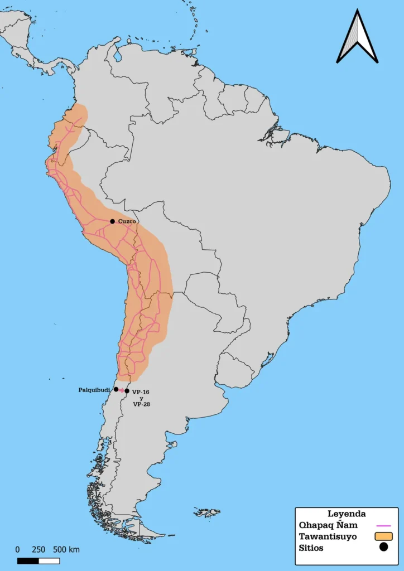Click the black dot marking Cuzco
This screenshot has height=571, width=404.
112,221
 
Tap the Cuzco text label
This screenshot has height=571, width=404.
127,221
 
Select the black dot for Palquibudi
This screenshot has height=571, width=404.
116,389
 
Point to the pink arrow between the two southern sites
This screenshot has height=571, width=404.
122,390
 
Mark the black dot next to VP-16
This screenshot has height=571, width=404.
127,391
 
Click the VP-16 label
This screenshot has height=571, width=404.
141,392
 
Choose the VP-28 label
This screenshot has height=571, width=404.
141,404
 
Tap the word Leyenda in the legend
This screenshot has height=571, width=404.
347,514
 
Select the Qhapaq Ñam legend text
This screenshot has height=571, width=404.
328,525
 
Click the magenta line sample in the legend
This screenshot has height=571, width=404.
384,525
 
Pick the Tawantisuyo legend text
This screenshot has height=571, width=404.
328,536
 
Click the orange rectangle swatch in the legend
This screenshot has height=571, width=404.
383,536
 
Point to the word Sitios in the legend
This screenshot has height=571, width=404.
311,548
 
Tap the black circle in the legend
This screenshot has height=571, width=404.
383,548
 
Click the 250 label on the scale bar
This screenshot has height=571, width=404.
39,549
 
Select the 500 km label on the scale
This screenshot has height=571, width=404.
66,549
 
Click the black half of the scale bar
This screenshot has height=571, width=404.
31,560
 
